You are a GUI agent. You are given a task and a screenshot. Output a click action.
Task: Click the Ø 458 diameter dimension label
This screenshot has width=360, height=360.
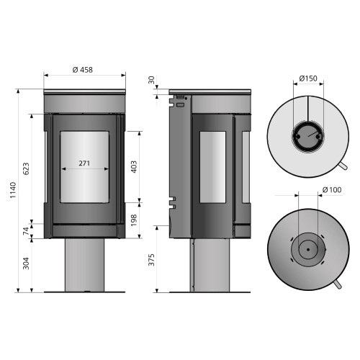tap(84, 70)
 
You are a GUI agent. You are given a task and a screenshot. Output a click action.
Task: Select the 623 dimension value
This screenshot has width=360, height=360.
tap(27, 169)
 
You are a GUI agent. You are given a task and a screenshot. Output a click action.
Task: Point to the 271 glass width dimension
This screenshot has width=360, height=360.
tap(84, 163)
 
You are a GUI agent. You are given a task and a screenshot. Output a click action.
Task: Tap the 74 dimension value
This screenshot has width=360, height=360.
tap(27, 232)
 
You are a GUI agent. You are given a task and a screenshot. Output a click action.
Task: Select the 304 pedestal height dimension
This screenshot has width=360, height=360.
tap(27, 265)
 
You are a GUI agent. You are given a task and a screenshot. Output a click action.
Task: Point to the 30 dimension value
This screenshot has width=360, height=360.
tap(151, 80)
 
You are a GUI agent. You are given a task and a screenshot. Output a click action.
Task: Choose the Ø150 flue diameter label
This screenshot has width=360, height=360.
tap(308, 78)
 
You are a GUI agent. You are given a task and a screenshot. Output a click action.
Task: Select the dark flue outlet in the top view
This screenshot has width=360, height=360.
tap(308, 135)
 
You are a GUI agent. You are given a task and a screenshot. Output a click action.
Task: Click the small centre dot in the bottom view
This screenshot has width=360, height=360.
tap(307, 250)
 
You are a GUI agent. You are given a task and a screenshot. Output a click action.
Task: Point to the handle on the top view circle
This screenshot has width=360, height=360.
tap(345, 168)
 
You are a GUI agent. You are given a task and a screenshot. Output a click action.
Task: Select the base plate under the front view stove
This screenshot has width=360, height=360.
tap(85, 292)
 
